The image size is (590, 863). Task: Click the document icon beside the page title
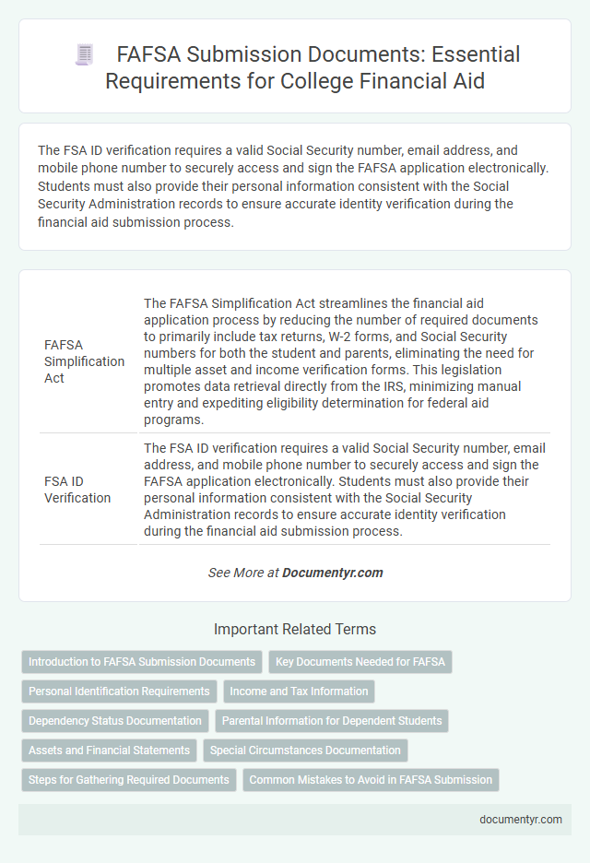(x=84, y=54)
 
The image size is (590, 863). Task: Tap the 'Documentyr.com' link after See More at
(x=332, y=573)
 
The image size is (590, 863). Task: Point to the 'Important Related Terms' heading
(x=295, y=630)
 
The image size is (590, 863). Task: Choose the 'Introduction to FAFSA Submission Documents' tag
(x=142, y=662)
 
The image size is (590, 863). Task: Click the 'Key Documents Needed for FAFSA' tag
(x=360, y=662)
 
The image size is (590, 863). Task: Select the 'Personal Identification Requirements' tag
(x=119, y=691)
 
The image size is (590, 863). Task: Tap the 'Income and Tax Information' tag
(x=299, y=691)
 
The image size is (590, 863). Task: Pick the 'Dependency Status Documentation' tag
(x=115, y=720)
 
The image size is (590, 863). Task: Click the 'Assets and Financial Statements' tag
(x=109, y=751)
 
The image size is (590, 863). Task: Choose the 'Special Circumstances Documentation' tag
(x=305, y=751)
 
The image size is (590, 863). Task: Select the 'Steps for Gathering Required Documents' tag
(x=128, y=780)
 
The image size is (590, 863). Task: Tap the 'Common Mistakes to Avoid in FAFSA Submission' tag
(x=371, y=780)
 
